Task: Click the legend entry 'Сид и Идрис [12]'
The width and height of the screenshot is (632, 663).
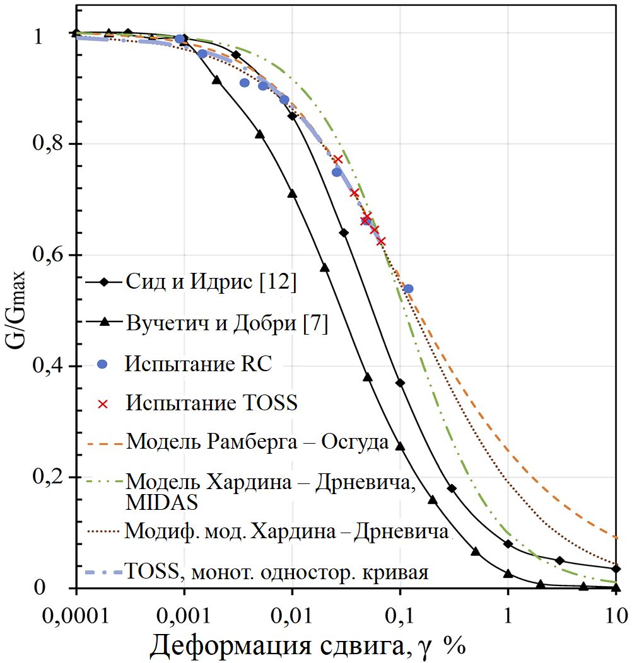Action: tap(211, 282)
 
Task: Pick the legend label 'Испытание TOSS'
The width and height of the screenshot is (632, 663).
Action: tap(211, 403)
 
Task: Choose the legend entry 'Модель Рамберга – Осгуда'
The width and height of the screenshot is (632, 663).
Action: tap(257, 441)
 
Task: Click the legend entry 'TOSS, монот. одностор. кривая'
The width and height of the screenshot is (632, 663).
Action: tap(278, 574)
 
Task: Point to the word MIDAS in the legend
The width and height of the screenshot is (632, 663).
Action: tap(162, 502)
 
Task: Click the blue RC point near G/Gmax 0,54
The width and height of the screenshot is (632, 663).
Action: tap(408, 289)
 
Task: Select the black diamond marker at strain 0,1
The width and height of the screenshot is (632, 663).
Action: tap(400, 383)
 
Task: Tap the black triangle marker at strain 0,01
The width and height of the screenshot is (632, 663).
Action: tap(292, 193)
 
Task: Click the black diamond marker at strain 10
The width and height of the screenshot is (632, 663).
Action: tap(616, 569)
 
